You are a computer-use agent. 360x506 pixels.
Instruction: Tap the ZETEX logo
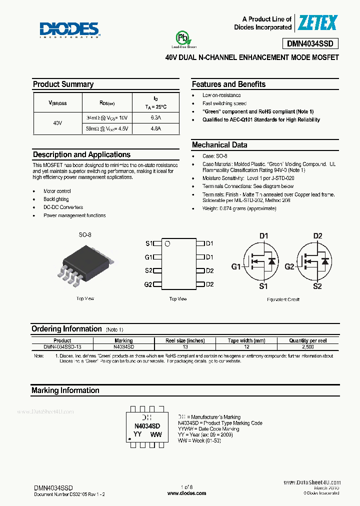(x=318, y=22)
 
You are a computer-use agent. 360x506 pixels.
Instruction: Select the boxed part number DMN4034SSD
(x=313, y=43)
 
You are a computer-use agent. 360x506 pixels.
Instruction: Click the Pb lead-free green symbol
(x=182, y=39)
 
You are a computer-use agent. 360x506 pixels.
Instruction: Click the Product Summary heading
(x=63, y=84)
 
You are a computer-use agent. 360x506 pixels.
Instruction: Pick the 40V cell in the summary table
(x=57, y=123)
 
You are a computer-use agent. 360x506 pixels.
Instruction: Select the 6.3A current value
(x=155, y=118)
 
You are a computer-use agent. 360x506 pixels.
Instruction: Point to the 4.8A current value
(x=155, y=129)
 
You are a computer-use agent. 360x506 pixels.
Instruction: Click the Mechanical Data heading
(x=219, y=145)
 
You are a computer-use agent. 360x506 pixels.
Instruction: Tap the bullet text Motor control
(x=57, y=191)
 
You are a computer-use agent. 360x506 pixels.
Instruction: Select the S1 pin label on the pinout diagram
(x=148, y=243)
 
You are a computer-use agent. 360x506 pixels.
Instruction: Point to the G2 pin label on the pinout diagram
(x=148, y=284)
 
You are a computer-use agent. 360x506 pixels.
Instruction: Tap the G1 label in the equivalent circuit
(x=236, y=266)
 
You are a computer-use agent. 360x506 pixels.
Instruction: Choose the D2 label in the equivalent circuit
(x=317, y=236)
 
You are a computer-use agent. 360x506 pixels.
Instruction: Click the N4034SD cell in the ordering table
(x=123, y=346)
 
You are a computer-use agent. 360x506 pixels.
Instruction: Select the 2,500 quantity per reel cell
(x=308, y=346)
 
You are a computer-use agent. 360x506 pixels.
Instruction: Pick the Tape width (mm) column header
(x=246, y=340)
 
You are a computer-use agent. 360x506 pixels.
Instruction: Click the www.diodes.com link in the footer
(x=186, y=493)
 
